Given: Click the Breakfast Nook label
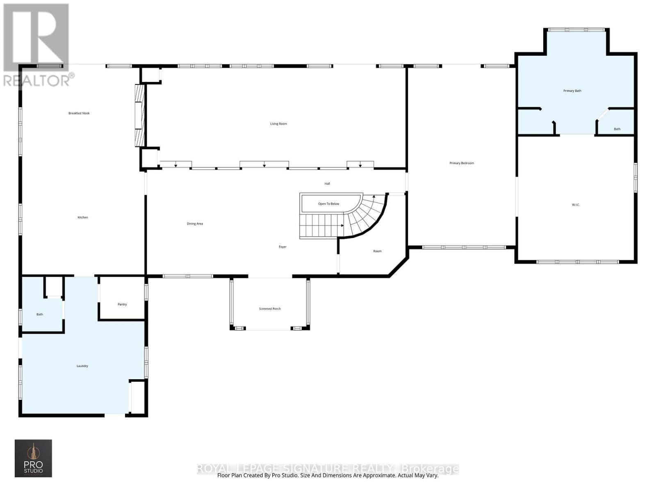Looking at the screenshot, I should coord(79,113).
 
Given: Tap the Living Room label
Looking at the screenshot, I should coord(278,124).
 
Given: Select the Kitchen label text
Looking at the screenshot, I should coord(83,217).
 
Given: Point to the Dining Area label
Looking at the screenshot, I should coord(195,224).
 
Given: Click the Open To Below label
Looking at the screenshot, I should coord(328,204).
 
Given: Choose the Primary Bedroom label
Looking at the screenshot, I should coord(462,163).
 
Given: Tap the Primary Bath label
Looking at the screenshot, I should coord(572,91).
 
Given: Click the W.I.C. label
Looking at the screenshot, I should coord(576,205).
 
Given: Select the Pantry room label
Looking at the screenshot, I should coord(122,305).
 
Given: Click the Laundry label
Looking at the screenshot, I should coord(82,366).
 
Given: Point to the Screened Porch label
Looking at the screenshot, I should coord(270,309).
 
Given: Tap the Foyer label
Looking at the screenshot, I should coord(282,247).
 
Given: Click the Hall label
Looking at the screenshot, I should coord(327,184).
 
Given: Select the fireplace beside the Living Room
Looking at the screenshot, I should coord(140,116).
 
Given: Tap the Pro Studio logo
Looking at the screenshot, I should coord(33,458).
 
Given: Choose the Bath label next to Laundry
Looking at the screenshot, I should coord(40,314).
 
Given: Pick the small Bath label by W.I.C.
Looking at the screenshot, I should coord(617,129).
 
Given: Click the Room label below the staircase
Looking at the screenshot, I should coord(377,251).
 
